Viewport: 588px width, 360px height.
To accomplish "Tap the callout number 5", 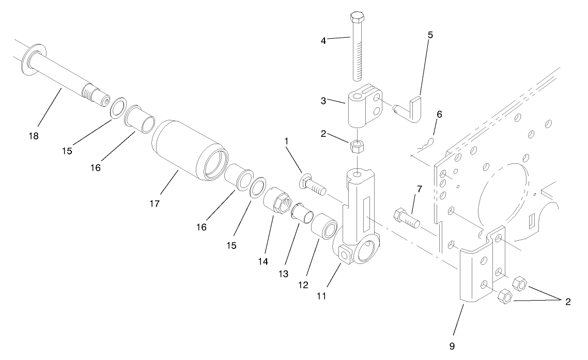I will [430, 35].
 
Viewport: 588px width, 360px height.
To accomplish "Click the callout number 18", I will [33, 136].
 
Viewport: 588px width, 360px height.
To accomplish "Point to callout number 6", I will [439, 114].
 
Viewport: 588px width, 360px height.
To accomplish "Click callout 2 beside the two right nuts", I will [568, 302].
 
